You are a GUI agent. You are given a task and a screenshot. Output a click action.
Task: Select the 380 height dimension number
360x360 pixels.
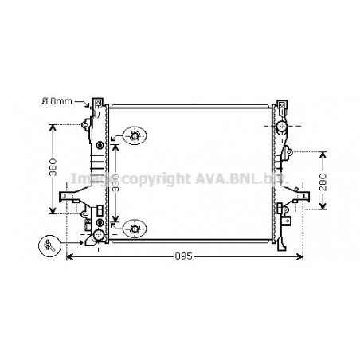53,169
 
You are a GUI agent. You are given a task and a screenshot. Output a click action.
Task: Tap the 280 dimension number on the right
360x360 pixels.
323,181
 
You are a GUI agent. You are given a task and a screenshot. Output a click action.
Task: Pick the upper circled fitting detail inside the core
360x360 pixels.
135,136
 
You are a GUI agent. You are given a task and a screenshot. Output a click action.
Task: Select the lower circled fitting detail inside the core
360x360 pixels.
135,229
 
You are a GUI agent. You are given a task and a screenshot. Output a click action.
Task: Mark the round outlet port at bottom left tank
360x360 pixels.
98,237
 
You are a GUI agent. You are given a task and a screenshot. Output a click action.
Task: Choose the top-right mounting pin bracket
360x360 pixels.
281,105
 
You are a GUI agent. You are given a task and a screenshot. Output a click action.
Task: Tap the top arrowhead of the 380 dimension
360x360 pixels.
53,126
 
